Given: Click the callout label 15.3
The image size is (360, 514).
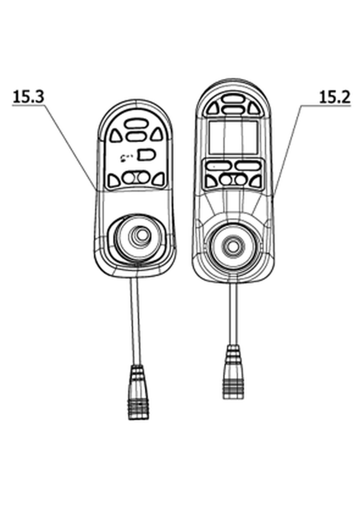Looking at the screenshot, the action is (x=28, y=96).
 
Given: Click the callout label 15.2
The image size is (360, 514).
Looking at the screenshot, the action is (x=334, y=97).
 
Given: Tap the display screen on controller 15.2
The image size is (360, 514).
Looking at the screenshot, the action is (x=233, y=137).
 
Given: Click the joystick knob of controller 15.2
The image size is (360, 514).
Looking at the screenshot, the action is (x=232, y=247).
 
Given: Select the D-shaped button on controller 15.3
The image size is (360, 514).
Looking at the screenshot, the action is (x=146, y=154).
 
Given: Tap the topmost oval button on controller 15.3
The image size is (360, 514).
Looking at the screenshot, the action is (x=135, y=123).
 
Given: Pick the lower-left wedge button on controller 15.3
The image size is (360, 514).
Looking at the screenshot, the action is (x=113, y=179).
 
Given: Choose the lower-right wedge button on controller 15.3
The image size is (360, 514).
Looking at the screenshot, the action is (x=158, y=179).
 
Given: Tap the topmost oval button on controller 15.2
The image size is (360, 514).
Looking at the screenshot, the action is (x=232, y=98).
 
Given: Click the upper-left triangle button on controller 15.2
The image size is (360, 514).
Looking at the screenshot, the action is (x=213, y=108).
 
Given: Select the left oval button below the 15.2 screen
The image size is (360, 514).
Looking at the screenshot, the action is (x=218, y=166).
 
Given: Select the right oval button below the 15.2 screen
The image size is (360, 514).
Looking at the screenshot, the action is (x=248, y=166).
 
